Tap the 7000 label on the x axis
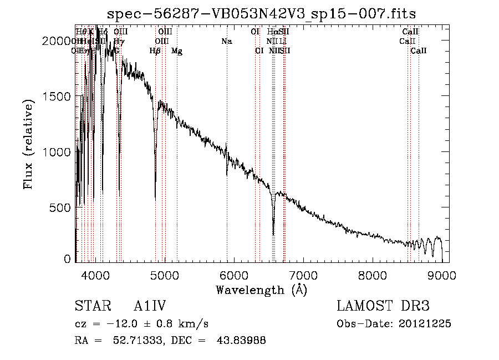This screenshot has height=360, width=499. pyautogui.click(x=303, y=273)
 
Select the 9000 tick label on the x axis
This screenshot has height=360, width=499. pyautogui.click(x=442, y=273)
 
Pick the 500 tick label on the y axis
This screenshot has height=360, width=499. pyautogui.click(x=62, y=207)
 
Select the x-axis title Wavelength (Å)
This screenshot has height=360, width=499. pyautogui.click(x=261, y=289)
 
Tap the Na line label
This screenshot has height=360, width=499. pyautogui.click(x=226, y=41)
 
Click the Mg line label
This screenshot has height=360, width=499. pyautogui.click(x=177, y=51)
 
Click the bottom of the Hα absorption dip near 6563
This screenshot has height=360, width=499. pyautogui.click(x=273, y=234)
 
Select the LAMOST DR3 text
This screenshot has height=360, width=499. pyautogui.click(x=383, y=306)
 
